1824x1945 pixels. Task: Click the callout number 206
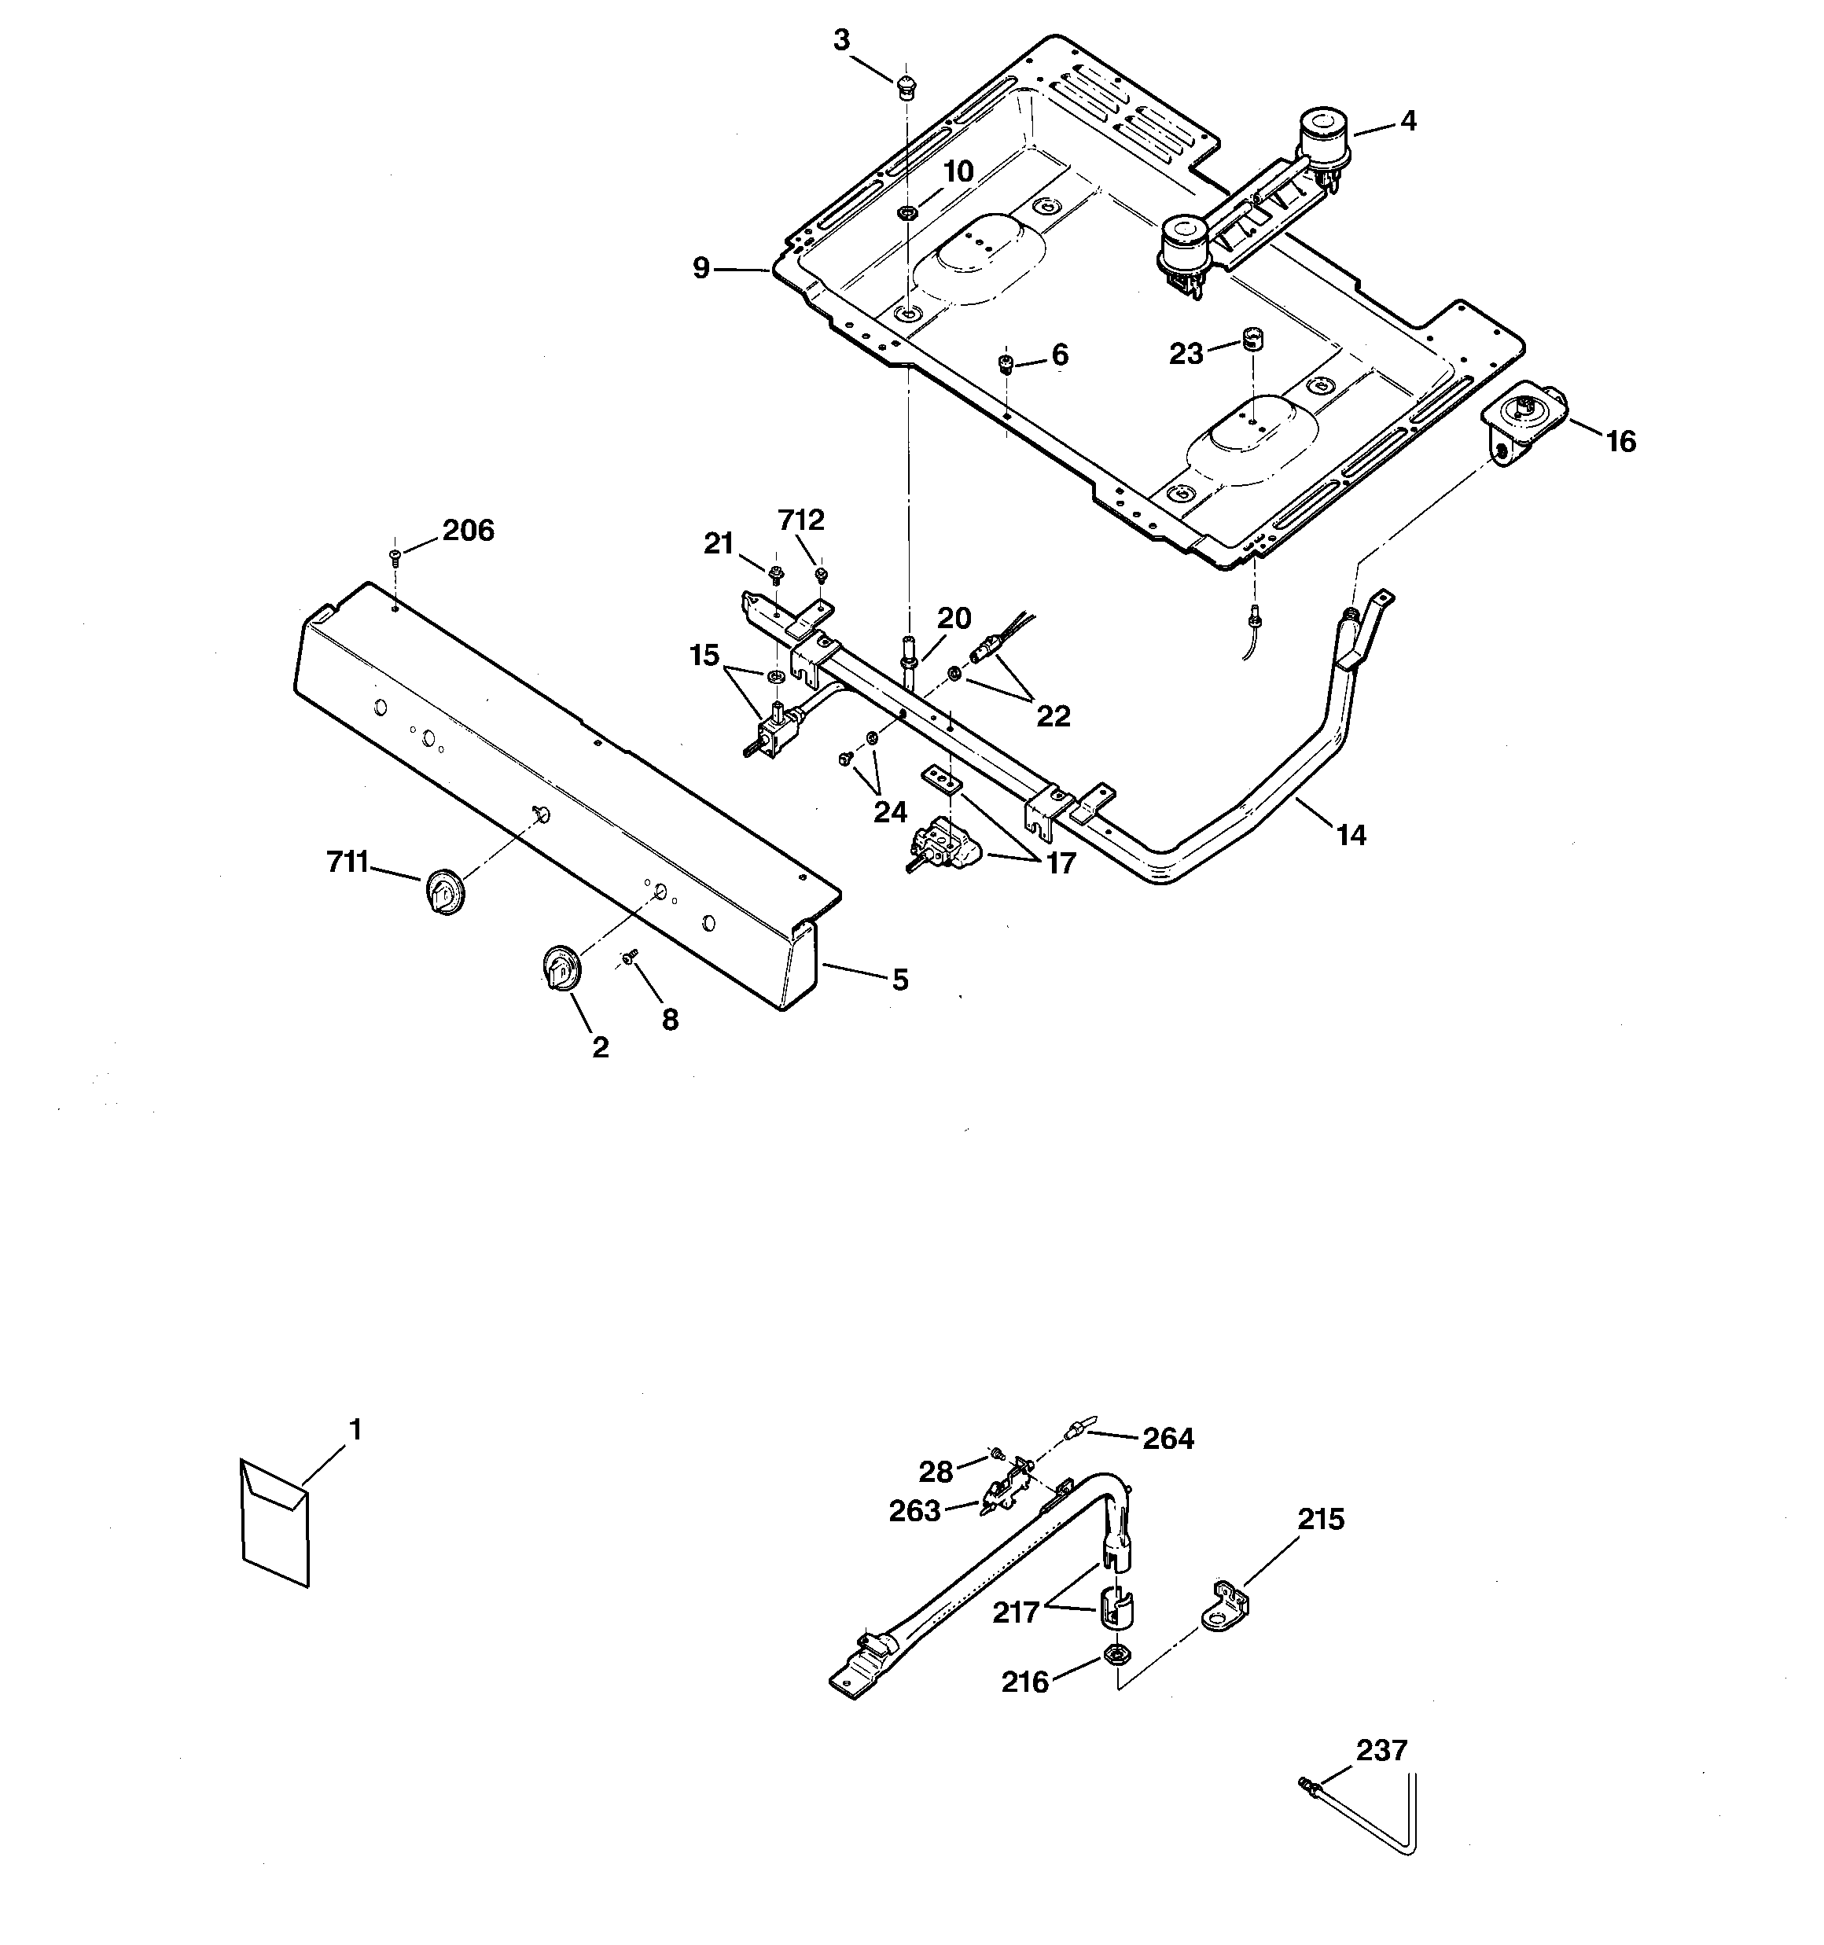pos(468,531)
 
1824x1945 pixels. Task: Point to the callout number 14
pos(1351,835)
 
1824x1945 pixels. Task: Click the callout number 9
pos(701,267)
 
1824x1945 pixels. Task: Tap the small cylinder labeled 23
pos(1249,340)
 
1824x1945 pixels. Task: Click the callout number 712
pos(800,520)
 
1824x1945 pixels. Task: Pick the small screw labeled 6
pos(1005,365)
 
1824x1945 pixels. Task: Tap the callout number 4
pos(1407,120)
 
